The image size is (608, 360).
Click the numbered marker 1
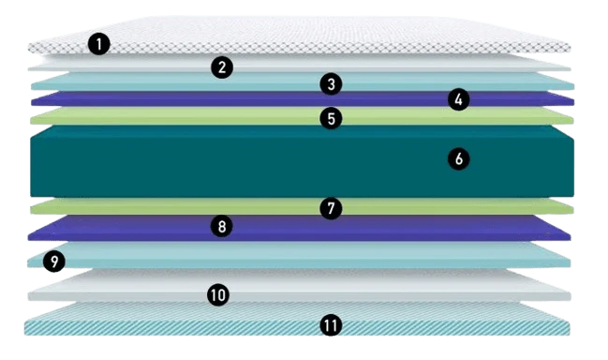99,43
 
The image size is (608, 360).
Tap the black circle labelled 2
222,67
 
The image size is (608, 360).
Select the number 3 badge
331,83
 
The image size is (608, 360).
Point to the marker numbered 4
458,99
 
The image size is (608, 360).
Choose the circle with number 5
331,118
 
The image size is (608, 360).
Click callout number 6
459,158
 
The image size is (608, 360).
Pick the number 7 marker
331,208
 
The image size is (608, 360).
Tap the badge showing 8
221,226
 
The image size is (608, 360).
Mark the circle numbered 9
54,261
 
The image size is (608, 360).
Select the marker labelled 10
218,294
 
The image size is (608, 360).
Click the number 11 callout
331,325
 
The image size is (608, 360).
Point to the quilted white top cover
299,35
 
